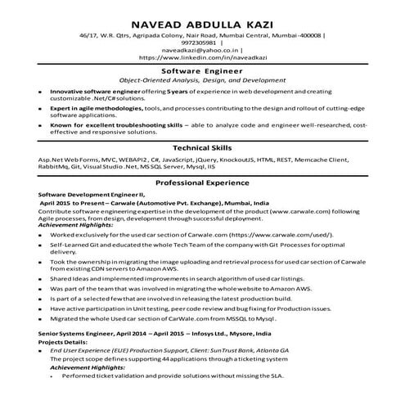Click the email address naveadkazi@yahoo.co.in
[196, 51]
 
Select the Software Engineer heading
[202, 71]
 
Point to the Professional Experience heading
[202, 185]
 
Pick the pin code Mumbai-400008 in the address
[302, 35]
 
